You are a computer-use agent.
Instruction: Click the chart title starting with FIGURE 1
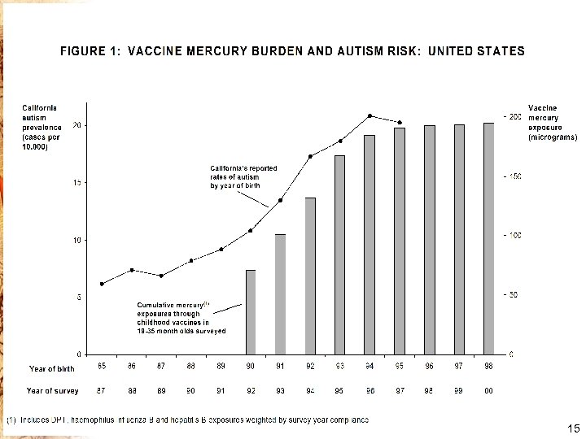tap(293, 51)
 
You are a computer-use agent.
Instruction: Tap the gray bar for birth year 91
tap(280, 294)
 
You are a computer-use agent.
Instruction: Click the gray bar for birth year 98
tap(488, 238)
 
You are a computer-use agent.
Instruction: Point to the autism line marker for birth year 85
tap(102, 284)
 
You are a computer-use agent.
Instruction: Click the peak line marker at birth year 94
tap(370, 115)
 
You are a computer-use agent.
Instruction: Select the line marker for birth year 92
tap(310, 156)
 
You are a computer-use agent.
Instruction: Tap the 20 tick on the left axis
tap(77, 125)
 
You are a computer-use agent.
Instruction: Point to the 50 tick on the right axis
tap(513, 295)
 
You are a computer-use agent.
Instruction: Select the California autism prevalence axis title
tap(42, 128)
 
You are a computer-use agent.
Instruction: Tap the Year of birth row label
tap(52, 369)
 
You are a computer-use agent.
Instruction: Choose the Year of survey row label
tap(53, 391)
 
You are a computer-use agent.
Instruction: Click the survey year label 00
tap(488, 391)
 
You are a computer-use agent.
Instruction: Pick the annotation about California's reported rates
tap(243, 177)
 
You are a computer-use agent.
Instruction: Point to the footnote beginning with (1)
tap(188, 419)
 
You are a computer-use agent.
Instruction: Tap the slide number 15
tap(570, 428)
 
